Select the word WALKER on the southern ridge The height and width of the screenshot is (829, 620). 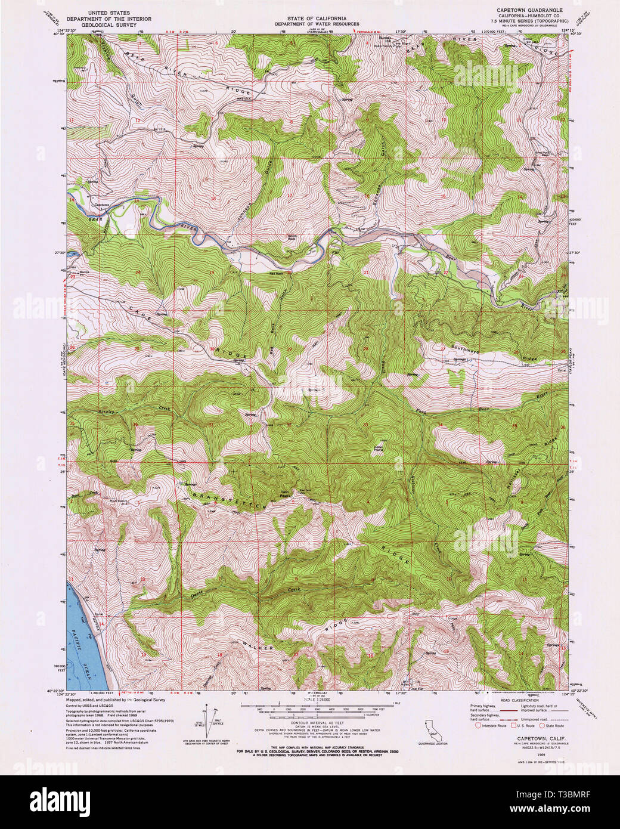coord(258,646)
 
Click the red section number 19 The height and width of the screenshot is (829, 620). coord(212,272)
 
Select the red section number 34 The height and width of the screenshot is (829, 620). coord(439,424)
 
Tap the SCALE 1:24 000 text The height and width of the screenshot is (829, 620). coord(309,699)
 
